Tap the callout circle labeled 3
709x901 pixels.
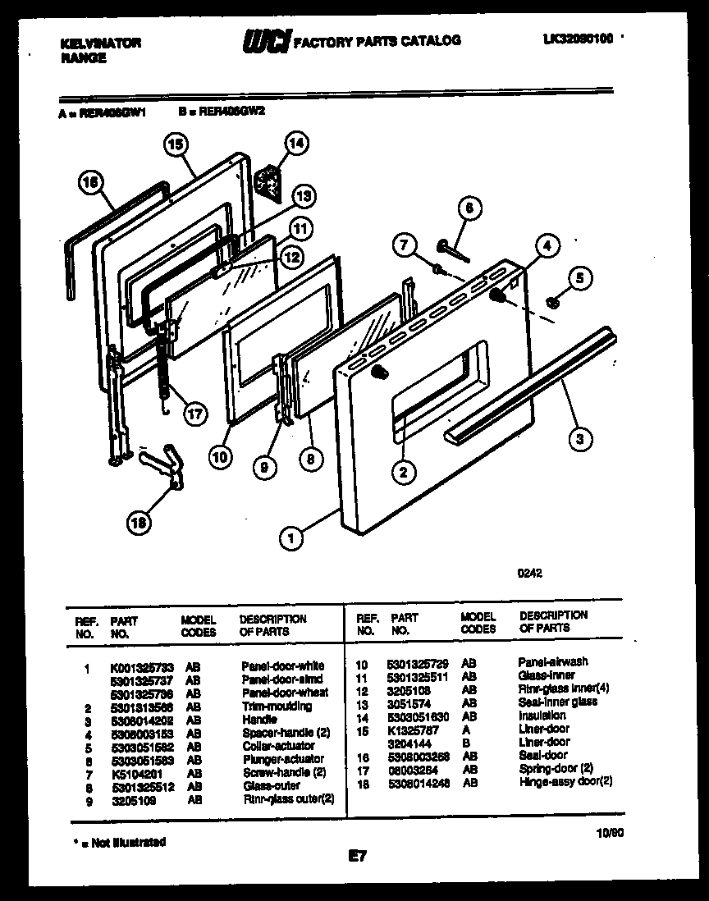click(580, 439)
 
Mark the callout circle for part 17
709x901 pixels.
click(194, 414)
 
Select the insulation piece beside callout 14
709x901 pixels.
click(267, 182)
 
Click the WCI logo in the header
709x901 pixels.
click(264, 41)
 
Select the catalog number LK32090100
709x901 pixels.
click(578, 38)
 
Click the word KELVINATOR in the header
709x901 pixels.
click(101, 43)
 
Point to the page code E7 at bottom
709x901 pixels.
click(357, 856)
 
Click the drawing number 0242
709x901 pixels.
click(529, 574)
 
